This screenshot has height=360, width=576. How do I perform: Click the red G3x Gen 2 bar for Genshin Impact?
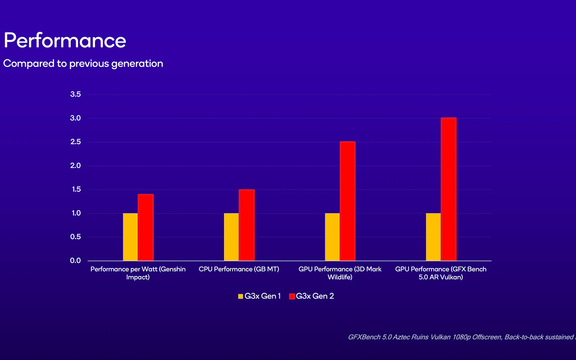(146, 227)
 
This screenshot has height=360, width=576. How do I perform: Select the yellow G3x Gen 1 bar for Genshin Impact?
(130, 237)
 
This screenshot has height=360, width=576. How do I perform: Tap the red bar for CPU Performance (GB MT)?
(247, 225)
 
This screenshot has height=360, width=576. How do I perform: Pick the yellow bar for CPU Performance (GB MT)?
(231, 237)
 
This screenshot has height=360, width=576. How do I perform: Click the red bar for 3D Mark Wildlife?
(348, 201)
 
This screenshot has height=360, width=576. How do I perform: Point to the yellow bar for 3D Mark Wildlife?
(332, 237)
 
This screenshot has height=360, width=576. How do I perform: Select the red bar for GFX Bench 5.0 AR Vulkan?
(448, 189)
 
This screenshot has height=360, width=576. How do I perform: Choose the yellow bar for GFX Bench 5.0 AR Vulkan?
(433, 237)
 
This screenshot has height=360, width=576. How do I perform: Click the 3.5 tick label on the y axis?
(76, 94)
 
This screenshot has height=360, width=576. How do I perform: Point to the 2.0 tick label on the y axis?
(76, 166)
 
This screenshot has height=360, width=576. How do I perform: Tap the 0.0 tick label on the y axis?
(76, 261)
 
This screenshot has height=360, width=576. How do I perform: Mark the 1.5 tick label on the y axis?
(76, 190)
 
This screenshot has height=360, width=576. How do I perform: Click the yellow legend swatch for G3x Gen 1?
(241, 296)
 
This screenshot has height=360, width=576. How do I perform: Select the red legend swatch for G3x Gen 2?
(292, 296)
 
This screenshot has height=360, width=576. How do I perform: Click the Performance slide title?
(65, 40)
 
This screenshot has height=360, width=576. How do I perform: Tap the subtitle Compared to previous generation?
(83, 63)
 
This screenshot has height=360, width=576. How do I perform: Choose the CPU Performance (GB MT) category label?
(239, 269)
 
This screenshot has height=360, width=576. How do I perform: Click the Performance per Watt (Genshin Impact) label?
(138, 273)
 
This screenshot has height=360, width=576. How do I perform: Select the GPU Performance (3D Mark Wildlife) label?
(340, 273)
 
